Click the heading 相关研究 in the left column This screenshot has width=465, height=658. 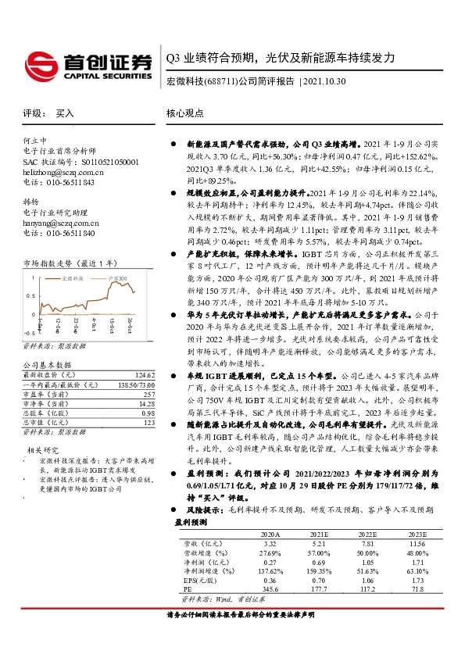coord(44,450)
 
